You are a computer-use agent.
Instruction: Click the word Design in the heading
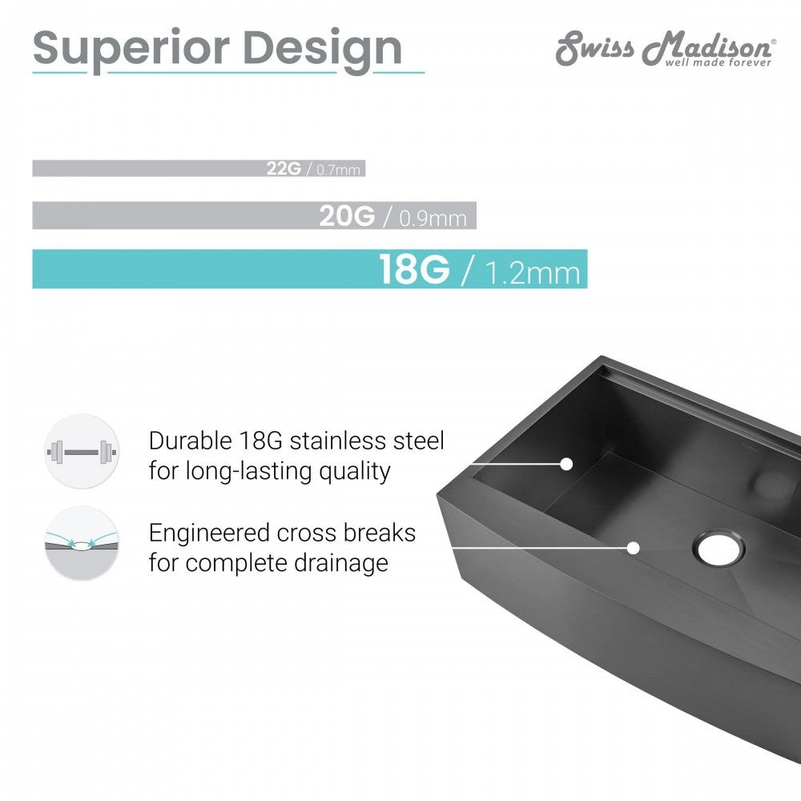(x=323, y=50)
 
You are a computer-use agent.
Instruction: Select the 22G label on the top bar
(x=284, y=168)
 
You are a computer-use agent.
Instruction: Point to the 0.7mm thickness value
(x=338, y=169)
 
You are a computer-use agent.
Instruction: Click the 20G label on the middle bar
(x=348, y=215)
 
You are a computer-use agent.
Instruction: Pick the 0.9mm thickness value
(x=433, y=218)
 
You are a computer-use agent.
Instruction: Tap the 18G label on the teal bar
(x=414, y=269)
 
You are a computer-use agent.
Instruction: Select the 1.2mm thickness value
(x=533, y=272)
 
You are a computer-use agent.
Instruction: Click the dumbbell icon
(x=82, y=452)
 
